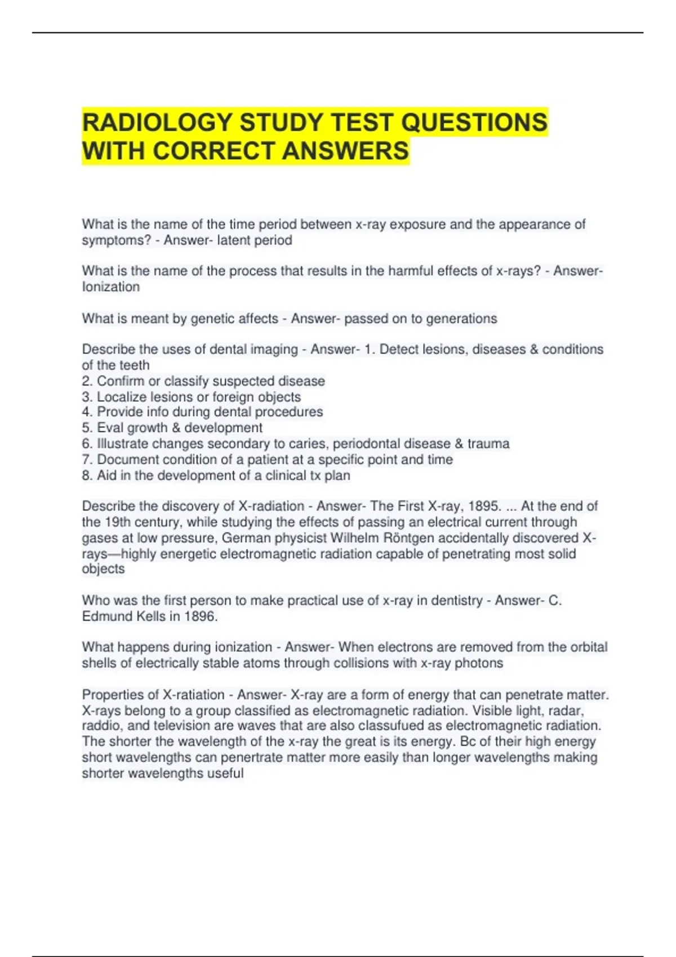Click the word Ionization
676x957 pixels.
tap(111, 287)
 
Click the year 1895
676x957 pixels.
tap(478, 506)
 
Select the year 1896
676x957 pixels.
tap(200, 616)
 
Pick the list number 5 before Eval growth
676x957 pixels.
tap(86, 428)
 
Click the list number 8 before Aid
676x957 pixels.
tap(86, 476)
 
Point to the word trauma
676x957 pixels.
tap(488, 444)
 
